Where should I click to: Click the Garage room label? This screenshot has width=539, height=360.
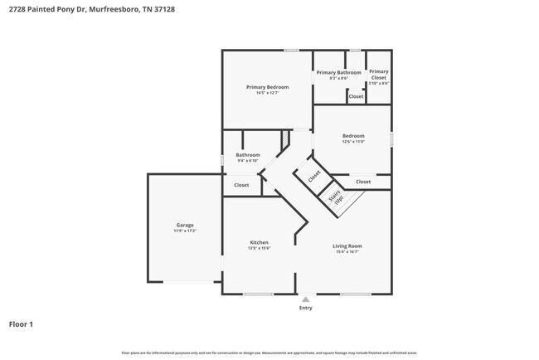[184, 225]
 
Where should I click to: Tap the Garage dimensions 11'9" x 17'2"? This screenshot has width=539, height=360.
[184, 231]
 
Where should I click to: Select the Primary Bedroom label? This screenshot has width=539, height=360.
[267, 87]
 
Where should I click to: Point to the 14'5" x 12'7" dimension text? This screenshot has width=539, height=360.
[267, 93]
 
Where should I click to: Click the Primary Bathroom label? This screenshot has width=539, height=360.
[338, 72]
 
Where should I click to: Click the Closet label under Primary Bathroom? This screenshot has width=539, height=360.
[356, 96]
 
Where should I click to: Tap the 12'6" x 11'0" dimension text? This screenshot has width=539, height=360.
[353, 142]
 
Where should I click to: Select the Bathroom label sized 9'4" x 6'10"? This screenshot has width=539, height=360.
[248, 155]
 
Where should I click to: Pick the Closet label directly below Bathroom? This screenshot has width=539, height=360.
[241, 185]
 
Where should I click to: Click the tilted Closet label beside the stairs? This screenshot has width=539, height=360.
[314, 176]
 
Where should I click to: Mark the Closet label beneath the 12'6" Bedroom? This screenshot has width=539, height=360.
[363, 182]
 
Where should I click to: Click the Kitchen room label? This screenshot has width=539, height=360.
[259, 242]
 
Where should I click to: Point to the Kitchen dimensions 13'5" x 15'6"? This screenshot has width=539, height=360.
[259, 248]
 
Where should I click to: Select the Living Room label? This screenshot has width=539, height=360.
[347, 246]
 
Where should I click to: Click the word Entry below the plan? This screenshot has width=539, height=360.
[306, 308]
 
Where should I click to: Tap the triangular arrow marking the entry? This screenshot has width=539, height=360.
[306, 299]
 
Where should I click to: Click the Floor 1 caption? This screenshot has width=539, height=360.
[21, 324]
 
